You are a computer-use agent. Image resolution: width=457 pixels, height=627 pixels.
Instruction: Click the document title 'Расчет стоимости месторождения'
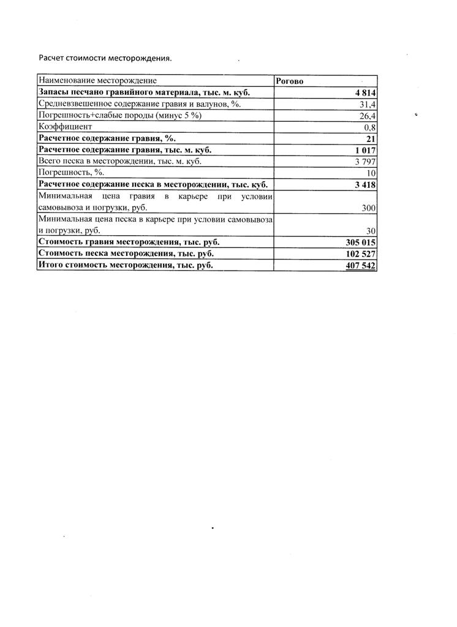(105, 59)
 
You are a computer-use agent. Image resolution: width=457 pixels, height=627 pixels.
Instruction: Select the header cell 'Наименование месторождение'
(97, 80)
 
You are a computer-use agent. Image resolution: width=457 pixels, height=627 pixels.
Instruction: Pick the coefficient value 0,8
(369, 127)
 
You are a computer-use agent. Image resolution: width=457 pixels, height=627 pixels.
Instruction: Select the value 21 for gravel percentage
(370, 139)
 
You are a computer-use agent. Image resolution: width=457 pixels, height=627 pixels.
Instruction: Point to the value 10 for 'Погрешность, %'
(370, 173)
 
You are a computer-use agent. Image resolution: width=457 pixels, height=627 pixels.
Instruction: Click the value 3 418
(364, 185)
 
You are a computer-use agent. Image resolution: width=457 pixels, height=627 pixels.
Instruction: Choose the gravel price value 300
(368, 208)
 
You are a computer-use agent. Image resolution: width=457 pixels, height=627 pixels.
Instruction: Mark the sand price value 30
(370, 231)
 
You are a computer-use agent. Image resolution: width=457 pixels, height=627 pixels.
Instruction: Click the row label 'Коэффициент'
(66, 127)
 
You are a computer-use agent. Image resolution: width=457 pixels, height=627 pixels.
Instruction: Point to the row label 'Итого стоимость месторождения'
(126, 265)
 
